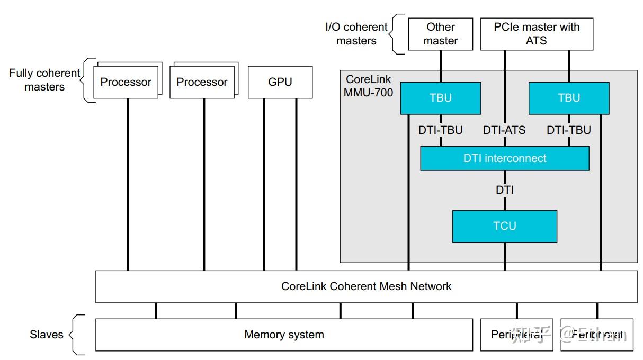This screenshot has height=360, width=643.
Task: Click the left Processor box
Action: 126,82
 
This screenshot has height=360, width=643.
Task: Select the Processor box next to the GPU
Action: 202,82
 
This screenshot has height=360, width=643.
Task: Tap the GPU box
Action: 280,82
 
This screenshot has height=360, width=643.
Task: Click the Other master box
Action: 441,34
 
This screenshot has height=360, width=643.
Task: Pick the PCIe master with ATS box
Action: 537,34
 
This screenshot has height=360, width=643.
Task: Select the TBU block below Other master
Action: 441,98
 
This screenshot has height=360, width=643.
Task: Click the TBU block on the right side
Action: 569,98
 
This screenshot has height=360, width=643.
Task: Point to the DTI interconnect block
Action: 504,158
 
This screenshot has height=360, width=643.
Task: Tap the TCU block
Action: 504,226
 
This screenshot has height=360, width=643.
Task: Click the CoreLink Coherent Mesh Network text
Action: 366,286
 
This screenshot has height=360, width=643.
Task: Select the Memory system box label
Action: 284,335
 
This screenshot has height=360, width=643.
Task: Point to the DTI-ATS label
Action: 504,130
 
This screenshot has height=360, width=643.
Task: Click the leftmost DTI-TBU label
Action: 440,130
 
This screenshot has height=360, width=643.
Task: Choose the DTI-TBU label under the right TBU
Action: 569,130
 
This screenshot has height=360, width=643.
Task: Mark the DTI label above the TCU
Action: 504,190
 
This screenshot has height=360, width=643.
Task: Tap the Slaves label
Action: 46,335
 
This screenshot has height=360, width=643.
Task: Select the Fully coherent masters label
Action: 44,80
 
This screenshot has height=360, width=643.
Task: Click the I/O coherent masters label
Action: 356,34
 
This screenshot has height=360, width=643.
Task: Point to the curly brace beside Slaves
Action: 77,335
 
